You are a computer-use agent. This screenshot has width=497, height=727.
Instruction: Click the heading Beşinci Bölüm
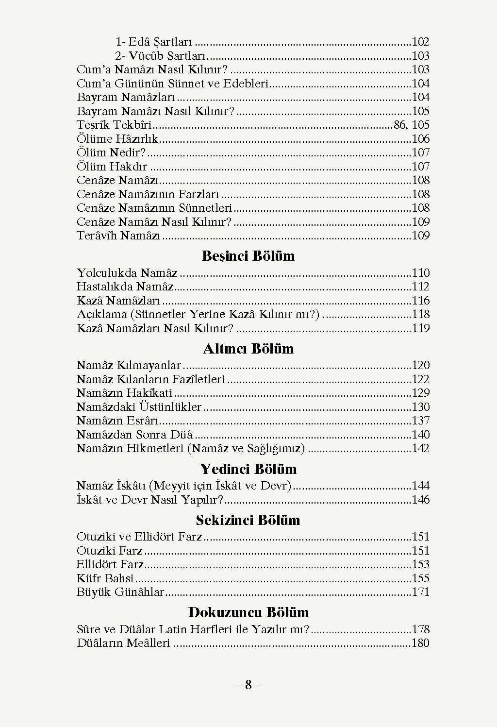tap(248, 256)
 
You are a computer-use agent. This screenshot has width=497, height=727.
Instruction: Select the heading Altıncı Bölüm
tap(248, 349)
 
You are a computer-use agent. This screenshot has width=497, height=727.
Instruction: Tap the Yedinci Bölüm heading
tap(248, 469)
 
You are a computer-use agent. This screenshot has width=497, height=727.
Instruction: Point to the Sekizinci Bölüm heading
tap(248, 520)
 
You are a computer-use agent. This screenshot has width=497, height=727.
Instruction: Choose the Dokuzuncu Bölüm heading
tap(248, 612)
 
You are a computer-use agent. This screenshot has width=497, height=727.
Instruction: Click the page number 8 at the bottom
tap(248, 685)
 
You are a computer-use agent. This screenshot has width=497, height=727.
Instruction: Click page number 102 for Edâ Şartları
tap(421, 42)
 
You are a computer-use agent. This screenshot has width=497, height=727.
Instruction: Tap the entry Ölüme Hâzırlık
tap(117, 139)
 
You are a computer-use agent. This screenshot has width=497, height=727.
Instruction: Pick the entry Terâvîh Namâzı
tap(118, 236)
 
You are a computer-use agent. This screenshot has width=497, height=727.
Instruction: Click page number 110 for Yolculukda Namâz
tap(421, 273)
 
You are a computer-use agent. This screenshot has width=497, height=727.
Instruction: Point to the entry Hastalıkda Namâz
tap(125, 287)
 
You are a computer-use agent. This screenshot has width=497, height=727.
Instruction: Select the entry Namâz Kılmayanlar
tap(129, 366)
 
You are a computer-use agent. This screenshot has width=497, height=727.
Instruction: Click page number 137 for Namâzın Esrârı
tap(421, 421)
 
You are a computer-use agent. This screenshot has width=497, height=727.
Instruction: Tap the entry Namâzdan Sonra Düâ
tap(134, 435)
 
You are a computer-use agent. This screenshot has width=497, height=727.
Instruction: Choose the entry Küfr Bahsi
tap(105, 578)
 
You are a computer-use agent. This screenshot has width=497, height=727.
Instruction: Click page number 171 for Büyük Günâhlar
tap(421, 592)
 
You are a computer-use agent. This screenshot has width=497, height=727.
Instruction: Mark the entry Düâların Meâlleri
tap(123, 643)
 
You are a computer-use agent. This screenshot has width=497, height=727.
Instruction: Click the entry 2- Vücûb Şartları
tap(161, 56)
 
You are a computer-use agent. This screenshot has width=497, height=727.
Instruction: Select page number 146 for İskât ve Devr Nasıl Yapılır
tap(421, 500)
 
